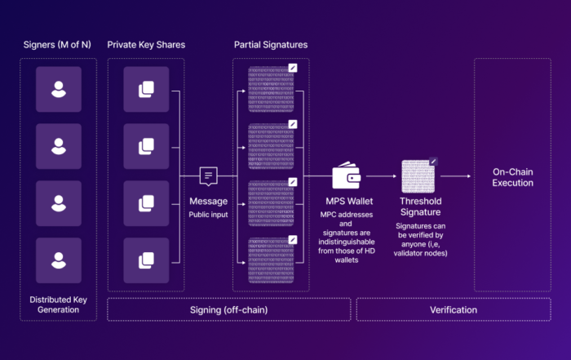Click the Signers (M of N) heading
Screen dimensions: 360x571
pos(57,44)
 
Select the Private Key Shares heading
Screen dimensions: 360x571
pos(147,44)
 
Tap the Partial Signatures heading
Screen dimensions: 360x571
pos(271,44)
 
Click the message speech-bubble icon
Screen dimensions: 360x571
pos(209,175)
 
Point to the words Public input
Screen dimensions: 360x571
pos(209,215)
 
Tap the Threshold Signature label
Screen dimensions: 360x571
pos(421,206)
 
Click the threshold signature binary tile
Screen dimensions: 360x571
pos(421,175)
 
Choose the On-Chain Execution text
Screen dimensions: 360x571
pos(513,177)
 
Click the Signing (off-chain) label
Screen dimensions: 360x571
pos(229,309)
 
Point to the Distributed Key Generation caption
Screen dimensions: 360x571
pos(58,304)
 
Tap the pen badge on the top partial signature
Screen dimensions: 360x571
pos(293,69)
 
